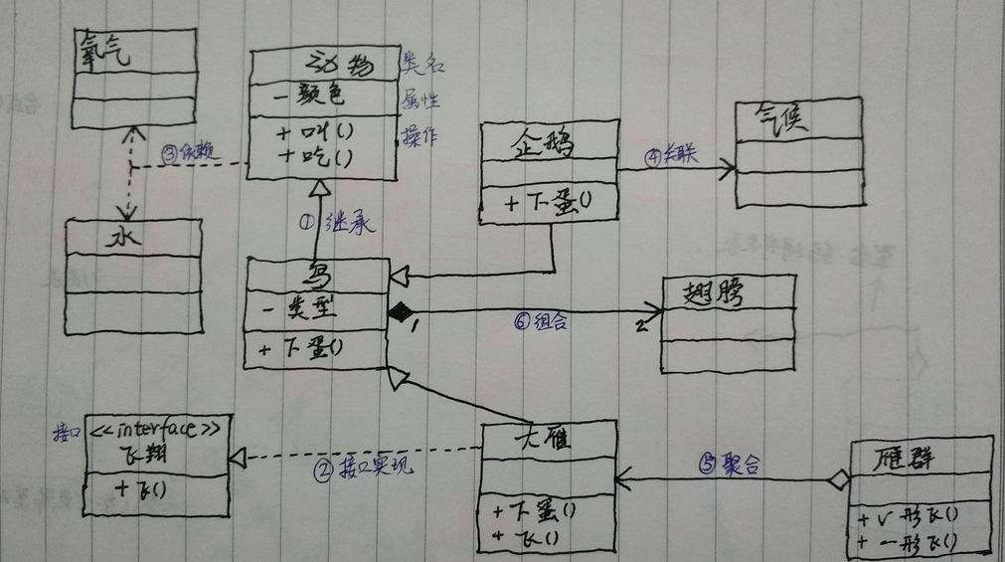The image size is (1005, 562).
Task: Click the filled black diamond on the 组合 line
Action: coord(400,314)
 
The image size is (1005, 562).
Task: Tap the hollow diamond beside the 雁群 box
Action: coord(839,480)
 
